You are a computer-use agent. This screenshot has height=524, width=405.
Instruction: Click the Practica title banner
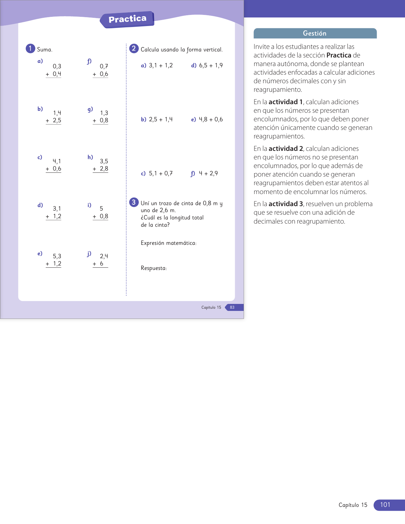127,19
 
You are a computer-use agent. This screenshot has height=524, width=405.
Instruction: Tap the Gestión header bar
315,33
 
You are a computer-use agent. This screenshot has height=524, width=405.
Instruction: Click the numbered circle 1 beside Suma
30,49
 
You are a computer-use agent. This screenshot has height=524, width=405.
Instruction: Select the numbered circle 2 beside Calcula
134,49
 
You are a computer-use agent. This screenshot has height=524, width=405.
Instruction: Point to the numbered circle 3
134,202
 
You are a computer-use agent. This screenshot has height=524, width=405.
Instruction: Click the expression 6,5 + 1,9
211,65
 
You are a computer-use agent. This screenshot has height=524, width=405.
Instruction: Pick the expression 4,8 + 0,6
211,119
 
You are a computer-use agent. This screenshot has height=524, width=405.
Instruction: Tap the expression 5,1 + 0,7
161,173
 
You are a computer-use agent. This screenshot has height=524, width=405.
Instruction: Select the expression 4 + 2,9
208,173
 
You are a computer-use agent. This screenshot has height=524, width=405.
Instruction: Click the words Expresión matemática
168,243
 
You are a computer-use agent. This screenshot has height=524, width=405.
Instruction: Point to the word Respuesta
154,268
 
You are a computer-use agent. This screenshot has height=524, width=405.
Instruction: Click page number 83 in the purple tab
232,307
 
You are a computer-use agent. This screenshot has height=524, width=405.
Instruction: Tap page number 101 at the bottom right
385,505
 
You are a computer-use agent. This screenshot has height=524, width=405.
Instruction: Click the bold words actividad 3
286,204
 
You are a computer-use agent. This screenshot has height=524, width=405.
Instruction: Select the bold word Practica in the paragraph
339,55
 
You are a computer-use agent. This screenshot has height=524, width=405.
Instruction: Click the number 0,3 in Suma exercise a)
57,66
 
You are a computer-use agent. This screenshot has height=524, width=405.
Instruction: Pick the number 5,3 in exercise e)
57,256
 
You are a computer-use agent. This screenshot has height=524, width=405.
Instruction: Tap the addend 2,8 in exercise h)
104,169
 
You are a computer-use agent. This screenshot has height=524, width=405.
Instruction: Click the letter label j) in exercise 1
89,254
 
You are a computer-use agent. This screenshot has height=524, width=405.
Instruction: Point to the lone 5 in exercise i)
101,209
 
